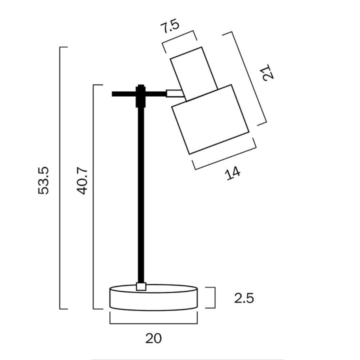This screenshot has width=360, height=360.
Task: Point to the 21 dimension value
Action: (x=269, y=72)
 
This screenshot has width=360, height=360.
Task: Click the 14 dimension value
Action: (x=232, y=173)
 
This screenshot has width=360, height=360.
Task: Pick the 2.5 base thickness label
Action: (x=244, y=298)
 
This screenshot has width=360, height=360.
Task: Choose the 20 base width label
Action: (x=154, y=338)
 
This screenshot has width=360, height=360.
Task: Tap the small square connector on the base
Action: (x=141, y=286)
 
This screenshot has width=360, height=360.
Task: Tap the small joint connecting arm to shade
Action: (x=173, y=92)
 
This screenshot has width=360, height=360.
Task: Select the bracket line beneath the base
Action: (x=153, y=323)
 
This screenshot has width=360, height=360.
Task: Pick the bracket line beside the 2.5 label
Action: (x=215, y=298)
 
